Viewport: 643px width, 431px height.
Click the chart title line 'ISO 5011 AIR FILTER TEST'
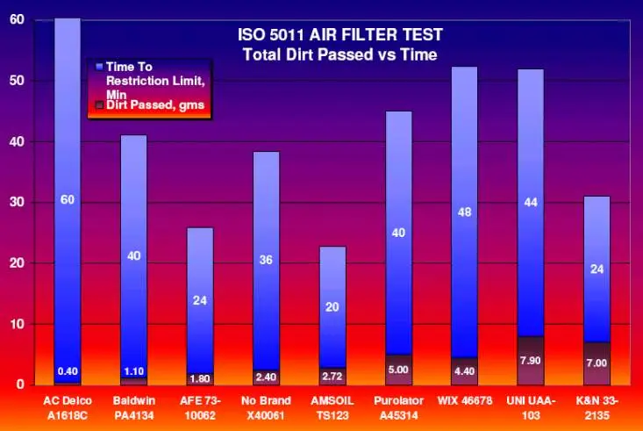[x=340, y=35]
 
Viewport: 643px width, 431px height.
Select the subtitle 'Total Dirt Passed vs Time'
[x=340, y=54]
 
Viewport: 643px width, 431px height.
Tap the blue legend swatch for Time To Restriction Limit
[x=99, y=67]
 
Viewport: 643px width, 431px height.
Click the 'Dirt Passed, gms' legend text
[x=155, y=105]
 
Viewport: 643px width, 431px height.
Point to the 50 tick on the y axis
[x=17, y=81]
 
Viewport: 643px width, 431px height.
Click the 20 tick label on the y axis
[x=17, y=262]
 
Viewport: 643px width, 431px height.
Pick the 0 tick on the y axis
[x=20, y=384]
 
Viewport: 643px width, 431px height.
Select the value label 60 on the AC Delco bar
[x=68, y=200]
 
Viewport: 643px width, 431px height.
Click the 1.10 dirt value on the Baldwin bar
[x=133, y=371]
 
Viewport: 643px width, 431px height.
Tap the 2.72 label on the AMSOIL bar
[x=332, y=377]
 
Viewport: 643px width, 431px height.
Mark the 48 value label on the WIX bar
[x=464, y=212]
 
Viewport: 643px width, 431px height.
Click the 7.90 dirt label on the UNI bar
[x=530, y=361]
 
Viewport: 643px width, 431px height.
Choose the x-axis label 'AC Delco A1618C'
[x=68, y=408]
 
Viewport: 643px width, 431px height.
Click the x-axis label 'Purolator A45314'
[x=398, y=408]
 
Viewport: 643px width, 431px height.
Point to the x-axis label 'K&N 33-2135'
[x=597, y=408]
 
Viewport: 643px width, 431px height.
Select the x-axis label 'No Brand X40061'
[x=266, y=408]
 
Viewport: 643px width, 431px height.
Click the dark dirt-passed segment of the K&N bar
[x=597, y=363]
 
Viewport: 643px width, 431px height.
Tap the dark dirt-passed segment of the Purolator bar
[x=398, y=370]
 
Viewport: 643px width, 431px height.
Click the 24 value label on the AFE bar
[x=200, y=300]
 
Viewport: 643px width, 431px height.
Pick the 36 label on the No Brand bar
[x=266, y=260]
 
